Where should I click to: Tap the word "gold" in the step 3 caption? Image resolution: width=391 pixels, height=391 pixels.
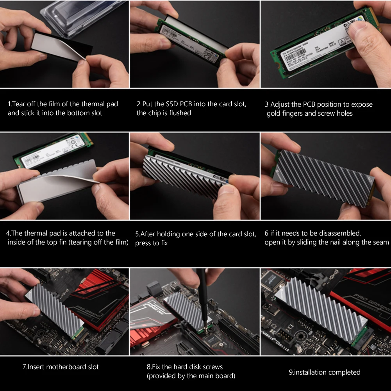click(274, 113)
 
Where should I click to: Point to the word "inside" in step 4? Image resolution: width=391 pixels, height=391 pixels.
click(18, 242)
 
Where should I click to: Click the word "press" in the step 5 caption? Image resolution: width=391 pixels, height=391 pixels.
click(143, 243)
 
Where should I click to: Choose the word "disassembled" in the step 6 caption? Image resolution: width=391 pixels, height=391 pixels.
click(340, 233)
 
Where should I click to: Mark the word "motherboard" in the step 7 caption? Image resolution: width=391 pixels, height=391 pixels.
click(67, 367)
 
